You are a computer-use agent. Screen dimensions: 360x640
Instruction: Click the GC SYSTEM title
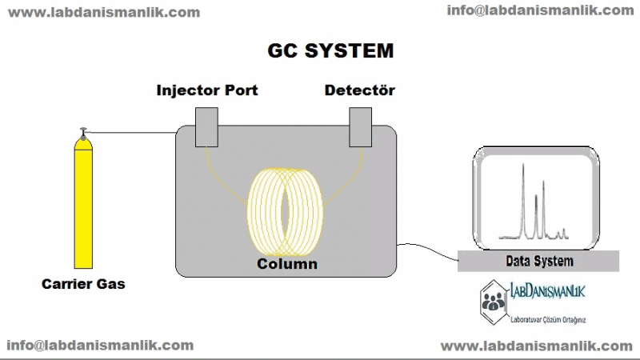coord(330,50)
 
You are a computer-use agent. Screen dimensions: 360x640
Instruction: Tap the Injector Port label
coord(206,90)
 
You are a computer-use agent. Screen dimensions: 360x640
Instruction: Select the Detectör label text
coord(359,90)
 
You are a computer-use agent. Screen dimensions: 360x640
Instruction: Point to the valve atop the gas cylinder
coord(82,132)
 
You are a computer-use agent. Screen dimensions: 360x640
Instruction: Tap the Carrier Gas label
coord(84,284)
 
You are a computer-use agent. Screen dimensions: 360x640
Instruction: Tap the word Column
coord(287,264)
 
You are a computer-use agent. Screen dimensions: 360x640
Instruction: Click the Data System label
coord(539,262)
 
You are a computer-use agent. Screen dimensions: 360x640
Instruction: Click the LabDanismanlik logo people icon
coord(493,300)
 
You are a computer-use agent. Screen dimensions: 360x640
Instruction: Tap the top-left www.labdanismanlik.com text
coord(105,12)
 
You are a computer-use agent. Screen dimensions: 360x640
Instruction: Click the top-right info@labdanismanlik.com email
coord(540,10)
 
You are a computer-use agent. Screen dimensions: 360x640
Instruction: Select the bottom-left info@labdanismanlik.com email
coord(100,346)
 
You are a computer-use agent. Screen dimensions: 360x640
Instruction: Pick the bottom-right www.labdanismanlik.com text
coord(536,346)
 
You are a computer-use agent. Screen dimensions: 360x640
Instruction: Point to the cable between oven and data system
coord(428,246)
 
